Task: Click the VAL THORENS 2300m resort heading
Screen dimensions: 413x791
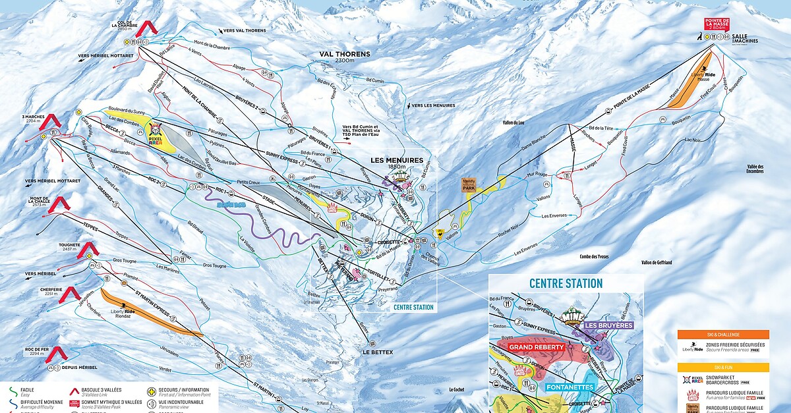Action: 344,56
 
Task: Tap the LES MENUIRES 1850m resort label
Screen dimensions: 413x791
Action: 396,162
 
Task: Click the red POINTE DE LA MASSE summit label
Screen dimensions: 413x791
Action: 717,24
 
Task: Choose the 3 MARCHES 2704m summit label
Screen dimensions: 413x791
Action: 33,119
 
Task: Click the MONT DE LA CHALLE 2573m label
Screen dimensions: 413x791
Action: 36,202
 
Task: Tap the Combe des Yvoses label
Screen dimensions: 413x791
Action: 594,256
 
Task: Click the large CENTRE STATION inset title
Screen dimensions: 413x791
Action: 566,284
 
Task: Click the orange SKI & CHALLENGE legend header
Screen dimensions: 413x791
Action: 723,335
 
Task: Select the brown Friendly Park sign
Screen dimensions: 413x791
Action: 469,184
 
